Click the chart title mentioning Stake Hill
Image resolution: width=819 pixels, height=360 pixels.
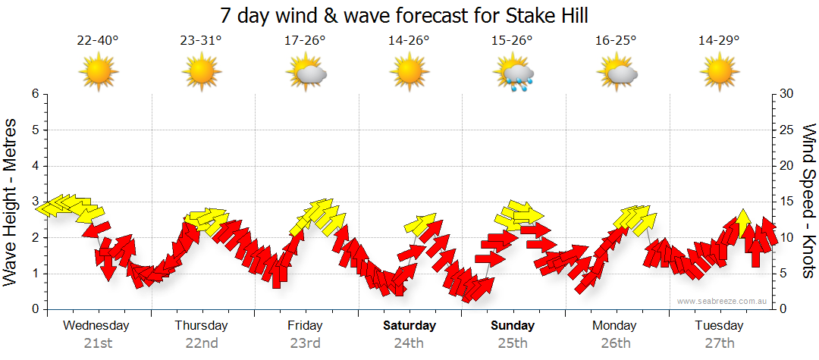(x=403, y=15)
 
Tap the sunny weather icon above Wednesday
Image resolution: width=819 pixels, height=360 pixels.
(x=98, y=73)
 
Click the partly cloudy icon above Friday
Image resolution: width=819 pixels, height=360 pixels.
(x=306, y=74)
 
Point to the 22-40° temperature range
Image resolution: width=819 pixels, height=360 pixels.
(x=98, y=40)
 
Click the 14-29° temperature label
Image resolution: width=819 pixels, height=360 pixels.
(x=719, y=40)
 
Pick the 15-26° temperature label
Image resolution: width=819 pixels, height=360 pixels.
(x=512, y=40)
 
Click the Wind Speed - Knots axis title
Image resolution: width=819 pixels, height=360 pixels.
(x=808, y=201)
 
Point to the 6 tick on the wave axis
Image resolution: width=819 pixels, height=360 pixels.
(x=34, y=94)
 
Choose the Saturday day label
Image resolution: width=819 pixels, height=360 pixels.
(x=409, y=326)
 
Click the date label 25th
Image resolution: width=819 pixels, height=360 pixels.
(x=512, y=343)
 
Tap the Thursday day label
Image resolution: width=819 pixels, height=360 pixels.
(x=201, y=326)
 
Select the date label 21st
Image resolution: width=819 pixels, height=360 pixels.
(x=97, y=343)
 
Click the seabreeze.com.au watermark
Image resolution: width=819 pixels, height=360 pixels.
(x=722, y=301)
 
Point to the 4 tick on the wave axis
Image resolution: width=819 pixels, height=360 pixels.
(x=34, y=166)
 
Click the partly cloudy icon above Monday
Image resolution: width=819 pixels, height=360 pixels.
(x=617, y=74)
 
